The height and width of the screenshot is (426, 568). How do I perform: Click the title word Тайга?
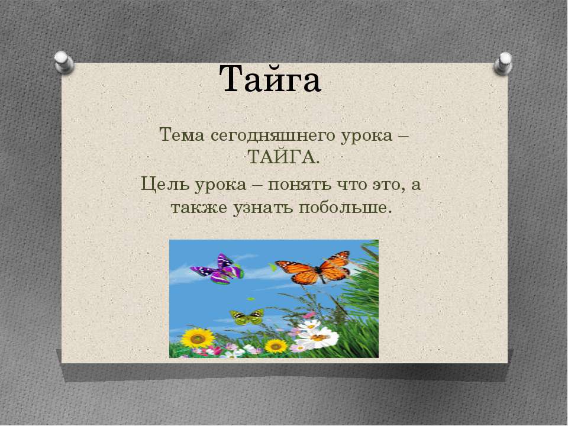coord(270,80)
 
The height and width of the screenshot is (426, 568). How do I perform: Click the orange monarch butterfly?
coord(315,268)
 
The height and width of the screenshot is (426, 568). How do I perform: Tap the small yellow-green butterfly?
coord(247,317)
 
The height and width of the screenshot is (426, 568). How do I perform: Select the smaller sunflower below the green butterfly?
coord(275,345)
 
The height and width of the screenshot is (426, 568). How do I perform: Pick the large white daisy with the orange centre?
coord(318,338)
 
